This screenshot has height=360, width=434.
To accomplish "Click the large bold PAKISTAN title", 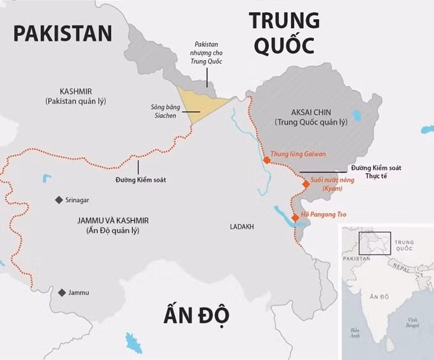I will pyautogui.click(x=63, y=33).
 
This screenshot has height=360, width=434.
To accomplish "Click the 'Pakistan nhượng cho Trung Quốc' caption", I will pyautogui.click(x=206, y=52).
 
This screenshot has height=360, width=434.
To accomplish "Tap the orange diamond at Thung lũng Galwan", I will pyautogui.click(x=267, y=160).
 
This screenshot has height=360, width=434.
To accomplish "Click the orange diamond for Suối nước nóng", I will pyautogui.click(x=306, y=184).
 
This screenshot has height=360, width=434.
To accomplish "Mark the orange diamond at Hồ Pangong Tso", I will pyautogui.click(x=295, y=218).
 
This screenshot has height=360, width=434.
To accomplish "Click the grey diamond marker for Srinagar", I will pyautogui.click(x=58, y=200).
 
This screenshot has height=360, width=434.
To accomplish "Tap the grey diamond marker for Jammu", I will pyautogui.click(x=62, y=292).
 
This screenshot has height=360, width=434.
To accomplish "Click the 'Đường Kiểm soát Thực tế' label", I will pyautogui.click(x=373, y=172).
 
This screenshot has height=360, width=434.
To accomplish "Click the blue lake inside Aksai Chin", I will pyautogui.click(x=355, y=117).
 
